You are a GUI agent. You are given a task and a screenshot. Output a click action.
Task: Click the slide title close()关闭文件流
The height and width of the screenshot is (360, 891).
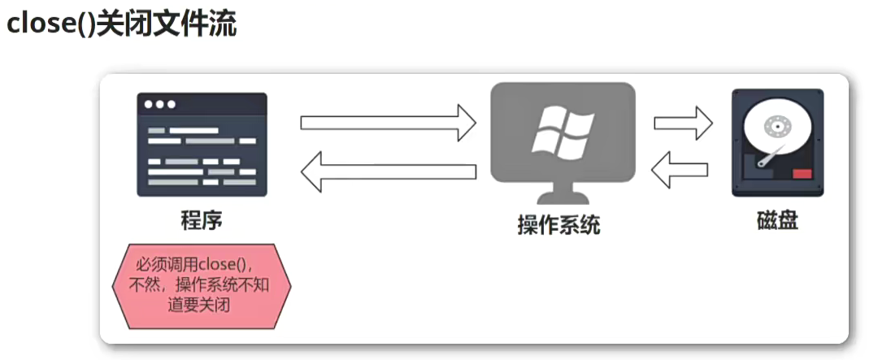[x=121, y=24]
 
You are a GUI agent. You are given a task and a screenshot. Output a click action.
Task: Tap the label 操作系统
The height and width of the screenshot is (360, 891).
[x=559, y=224]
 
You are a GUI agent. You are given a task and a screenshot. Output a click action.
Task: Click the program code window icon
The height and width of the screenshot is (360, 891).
[x=202, y=144]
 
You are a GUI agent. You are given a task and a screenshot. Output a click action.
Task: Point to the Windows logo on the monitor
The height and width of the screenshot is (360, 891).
[x=562, y=132]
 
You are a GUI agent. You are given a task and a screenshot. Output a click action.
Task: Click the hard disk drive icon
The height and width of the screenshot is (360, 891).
[x=777, y=142]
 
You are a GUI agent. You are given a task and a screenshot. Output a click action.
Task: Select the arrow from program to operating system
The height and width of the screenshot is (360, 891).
[x=388, y=122]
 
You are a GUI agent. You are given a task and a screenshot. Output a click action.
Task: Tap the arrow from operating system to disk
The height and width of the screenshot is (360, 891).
[x=683, y=123]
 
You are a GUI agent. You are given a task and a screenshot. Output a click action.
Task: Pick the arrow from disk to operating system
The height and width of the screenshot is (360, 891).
[x=680, y=171]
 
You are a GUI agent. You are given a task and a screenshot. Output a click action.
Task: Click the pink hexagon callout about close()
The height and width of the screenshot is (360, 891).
[x=201, y=285]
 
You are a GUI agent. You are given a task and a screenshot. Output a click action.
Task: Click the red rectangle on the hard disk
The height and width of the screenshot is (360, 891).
[x=802, y=173]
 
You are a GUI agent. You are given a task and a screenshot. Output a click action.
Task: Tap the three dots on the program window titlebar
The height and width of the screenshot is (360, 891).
[x=159, y=104]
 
